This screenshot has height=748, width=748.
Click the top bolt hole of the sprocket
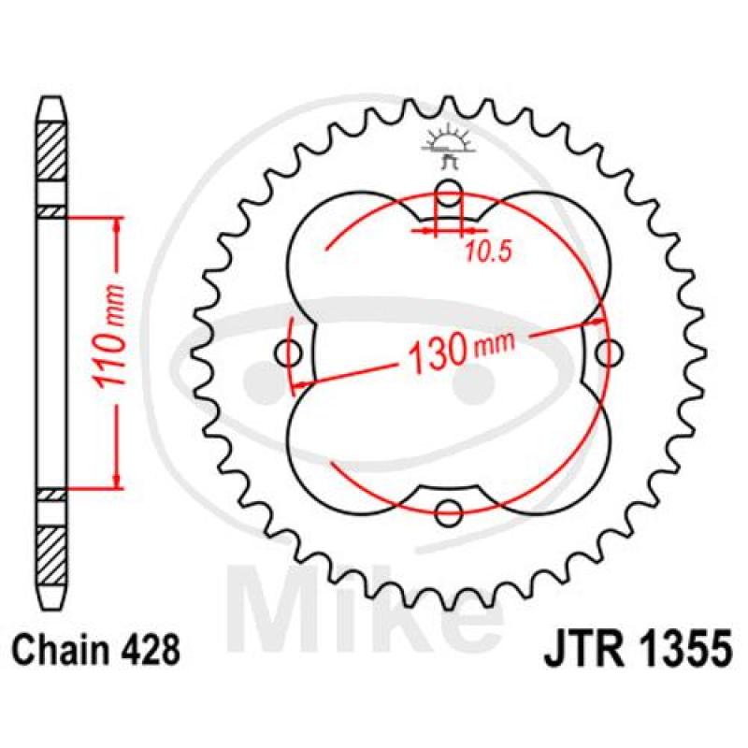450,193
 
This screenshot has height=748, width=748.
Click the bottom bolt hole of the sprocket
450,513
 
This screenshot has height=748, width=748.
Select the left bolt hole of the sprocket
289,353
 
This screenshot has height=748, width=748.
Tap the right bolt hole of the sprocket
610,353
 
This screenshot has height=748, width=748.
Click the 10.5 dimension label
487,252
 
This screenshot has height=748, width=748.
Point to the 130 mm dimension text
461,352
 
